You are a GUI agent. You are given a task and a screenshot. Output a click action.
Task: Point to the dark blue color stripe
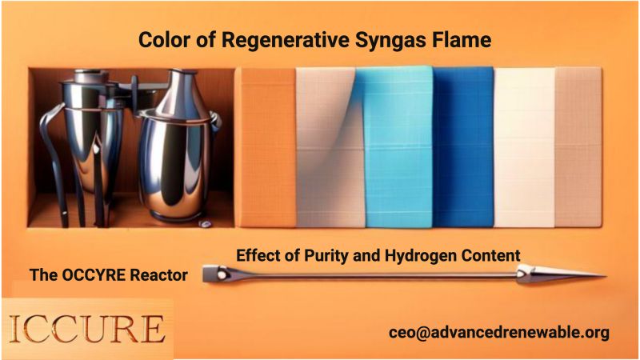463,147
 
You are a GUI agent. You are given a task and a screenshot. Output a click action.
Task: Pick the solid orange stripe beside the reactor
266,147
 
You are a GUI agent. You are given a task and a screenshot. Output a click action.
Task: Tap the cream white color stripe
525,147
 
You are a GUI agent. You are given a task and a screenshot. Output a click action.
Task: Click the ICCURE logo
87,328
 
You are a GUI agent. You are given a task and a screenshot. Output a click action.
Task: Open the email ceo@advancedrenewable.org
498,332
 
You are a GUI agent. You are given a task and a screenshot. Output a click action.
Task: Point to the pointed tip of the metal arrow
606,275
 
